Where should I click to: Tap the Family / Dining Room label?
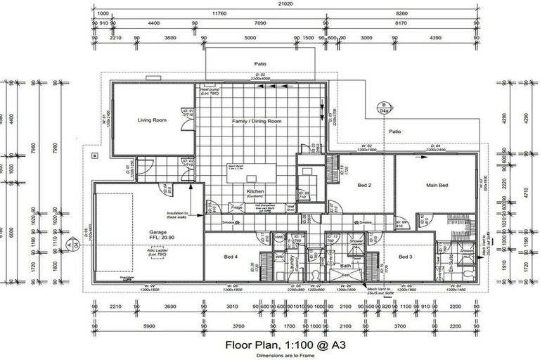tap(257, 122)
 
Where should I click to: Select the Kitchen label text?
tap(255, 191)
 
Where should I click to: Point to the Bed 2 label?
tap(364, 186)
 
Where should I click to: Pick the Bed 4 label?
tap(231, 257)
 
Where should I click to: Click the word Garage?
tap(157, 232)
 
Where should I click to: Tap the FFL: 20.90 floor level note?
tap(157, 239)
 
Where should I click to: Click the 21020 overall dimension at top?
tap(284, 4)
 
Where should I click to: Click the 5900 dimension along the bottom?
tap(148, 326)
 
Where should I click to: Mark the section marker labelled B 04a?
tap(384, 107)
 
